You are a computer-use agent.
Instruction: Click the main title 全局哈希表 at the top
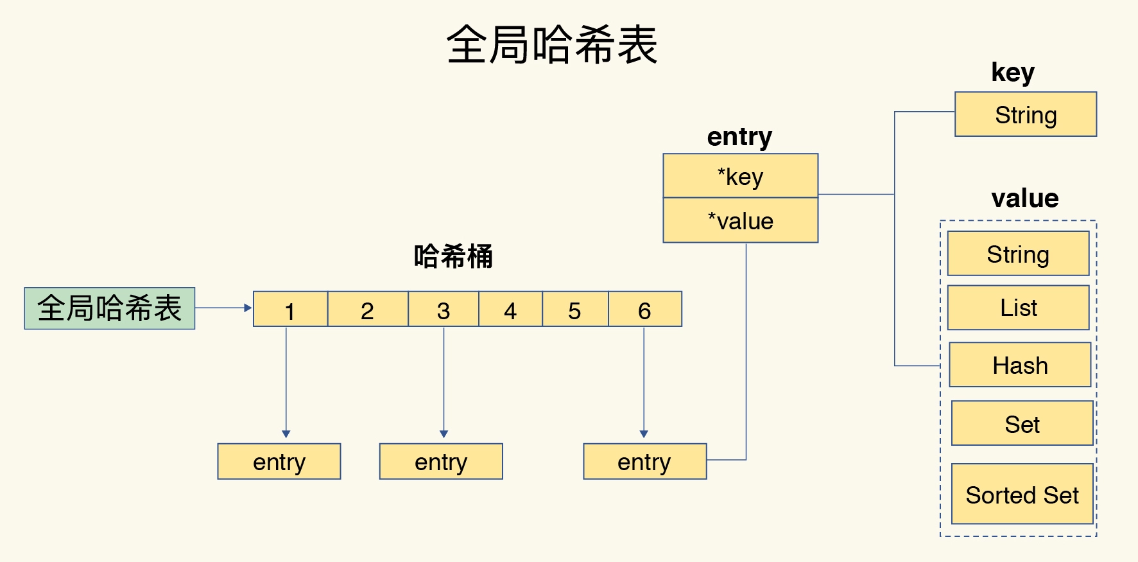coord(552,45)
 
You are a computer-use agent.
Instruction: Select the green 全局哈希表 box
coord(110,308)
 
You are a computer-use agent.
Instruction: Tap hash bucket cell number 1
coord(290,310)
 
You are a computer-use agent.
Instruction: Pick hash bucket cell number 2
coord(367,310)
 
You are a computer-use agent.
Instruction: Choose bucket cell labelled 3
coord(443,310)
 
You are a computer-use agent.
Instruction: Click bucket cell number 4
coord(510,310)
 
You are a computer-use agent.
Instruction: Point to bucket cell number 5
coord(574,310)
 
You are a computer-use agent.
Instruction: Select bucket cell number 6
coord(644,310)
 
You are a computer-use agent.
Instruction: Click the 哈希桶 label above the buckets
coord(453,256)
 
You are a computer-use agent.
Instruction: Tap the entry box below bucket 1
coord(279,461)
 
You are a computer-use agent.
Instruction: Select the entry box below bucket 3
coord(441,461)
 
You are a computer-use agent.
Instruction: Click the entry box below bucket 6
coord(644,461)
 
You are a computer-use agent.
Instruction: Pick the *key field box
coord(740,176)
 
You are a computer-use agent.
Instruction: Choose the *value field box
coord(740,221)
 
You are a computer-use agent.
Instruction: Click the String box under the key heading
coord(1026,114)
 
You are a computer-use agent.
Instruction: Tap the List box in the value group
coord(1019,308)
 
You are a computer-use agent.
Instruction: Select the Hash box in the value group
coord(1020,365)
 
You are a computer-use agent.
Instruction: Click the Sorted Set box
coord(1022,494)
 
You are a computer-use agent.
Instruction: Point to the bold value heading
coord(1024,198)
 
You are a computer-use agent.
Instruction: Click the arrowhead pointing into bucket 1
coord(248,308)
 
